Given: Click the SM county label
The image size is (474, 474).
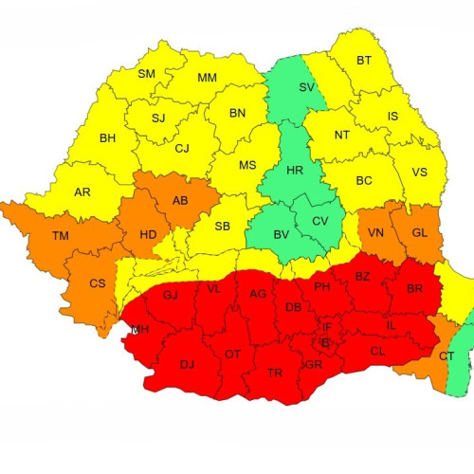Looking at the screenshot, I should pyautogui.click(x=146, y=74).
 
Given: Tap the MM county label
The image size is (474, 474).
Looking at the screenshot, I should pyautogui.click(x=207, y=78).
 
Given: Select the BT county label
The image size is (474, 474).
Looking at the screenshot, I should pyautogui.click(x=364, y=61).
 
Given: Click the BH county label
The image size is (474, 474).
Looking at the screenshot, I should pyautogui.click(x=107, y=138).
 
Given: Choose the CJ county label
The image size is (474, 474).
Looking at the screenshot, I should pyautogui.click(x=182, y=148).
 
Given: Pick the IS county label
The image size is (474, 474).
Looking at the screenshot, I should pyautogui.click(x=392, y=117).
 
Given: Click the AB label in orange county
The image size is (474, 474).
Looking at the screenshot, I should pyautogui.click(x=179, y=200).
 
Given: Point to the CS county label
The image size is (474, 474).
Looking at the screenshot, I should pyautogui.click(x=97, y=283).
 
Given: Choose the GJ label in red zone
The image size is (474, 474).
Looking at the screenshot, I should pyautogui.click(x=171, y=295).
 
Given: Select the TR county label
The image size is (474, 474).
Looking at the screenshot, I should pyautogui.click(x=275, y=374).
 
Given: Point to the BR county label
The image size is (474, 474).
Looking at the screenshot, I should pyautogui.click(x=414, y=288).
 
